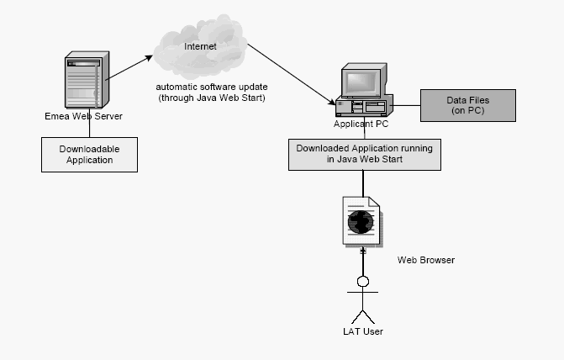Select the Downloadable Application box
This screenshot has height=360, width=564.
(90, 154)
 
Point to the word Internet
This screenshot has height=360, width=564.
(200, 45)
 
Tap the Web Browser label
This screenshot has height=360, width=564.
(426, 260)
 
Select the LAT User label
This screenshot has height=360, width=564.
(363, 332)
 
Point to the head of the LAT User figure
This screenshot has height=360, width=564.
(363, 281)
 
